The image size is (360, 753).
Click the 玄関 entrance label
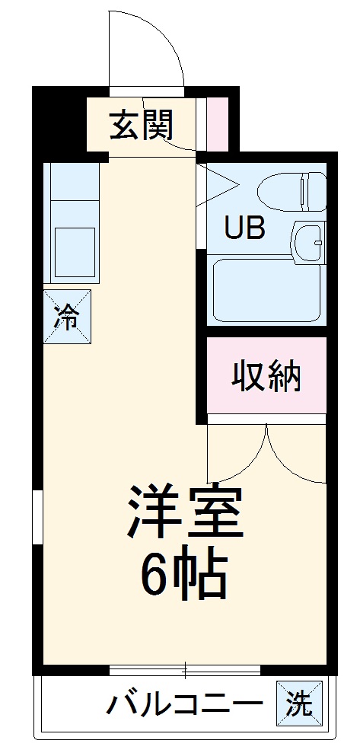tap(141, 126)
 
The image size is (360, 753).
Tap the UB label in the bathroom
tap(244, 228)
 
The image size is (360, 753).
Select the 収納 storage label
tap(266, 376)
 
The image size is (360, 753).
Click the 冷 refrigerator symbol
tap(67, 317)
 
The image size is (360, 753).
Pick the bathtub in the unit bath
tap(266, 290)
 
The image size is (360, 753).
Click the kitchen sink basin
tap(74, 251)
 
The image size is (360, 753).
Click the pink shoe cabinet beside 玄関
tap(218, 124)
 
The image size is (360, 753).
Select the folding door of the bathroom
tap(215, 186)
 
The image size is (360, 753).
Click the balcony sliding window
tap(184, 670)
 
